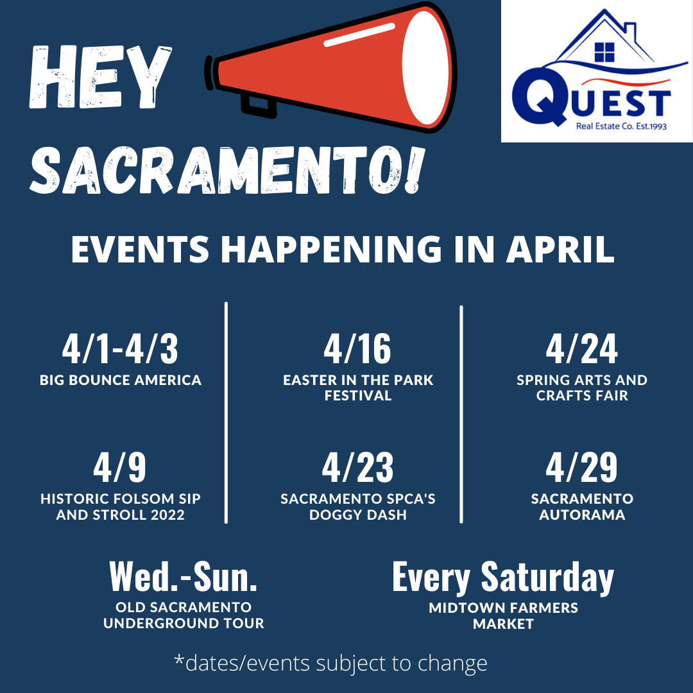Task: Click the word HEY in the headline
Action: point(100,76)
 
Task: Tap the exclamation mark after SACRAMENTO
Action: point(413,170)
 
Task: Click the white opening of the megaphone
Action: point(425,67)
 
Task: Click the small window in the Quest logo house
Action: point(604,52)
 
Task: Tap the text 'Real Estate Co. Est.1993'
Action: point(621,126)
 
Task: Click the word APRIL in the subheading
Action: point(560,249)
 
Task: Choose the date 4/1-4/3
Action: point(120,348)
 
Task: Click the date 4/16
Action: point(357,348)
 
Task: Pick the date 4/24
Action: point(581,348)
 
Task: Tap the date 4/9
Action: point(119,467)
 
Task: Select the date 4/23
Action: point(357,467)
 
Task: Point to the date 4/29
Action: point(581,467)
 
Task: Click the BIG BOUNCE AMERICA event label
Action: point(120,380)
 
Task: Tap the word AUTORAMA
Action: point(582,515)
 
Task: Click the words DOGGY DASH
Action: point(357,515)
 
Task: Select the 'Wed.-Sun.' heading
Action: point(184,577)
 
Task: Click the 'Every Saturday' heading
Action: point(503,578)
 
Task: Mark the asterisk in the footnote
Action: point(179,659)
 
